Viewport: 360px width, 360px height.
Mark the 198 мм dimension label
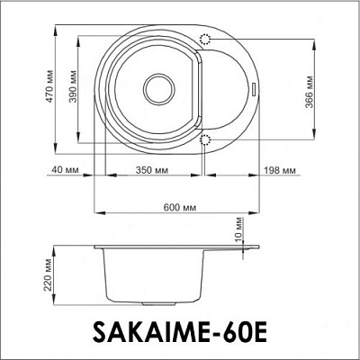[282, 169]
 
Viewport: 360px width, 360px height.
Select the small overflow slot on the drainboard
[256, 88]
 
